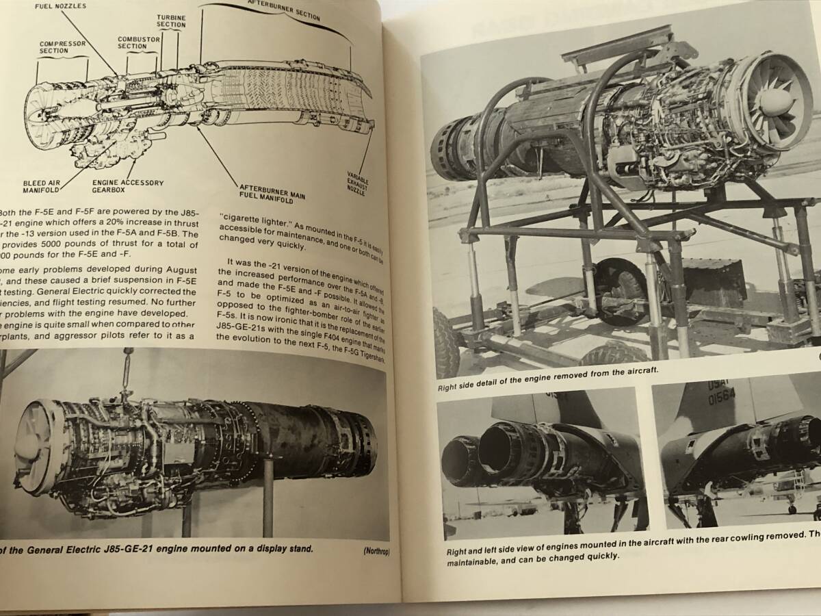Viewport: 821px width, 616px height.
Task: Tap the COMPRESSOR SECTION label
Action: [x=63, y=47]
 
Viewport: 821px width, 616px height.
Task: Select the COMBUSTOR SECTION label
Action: [x=133, y=42]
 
